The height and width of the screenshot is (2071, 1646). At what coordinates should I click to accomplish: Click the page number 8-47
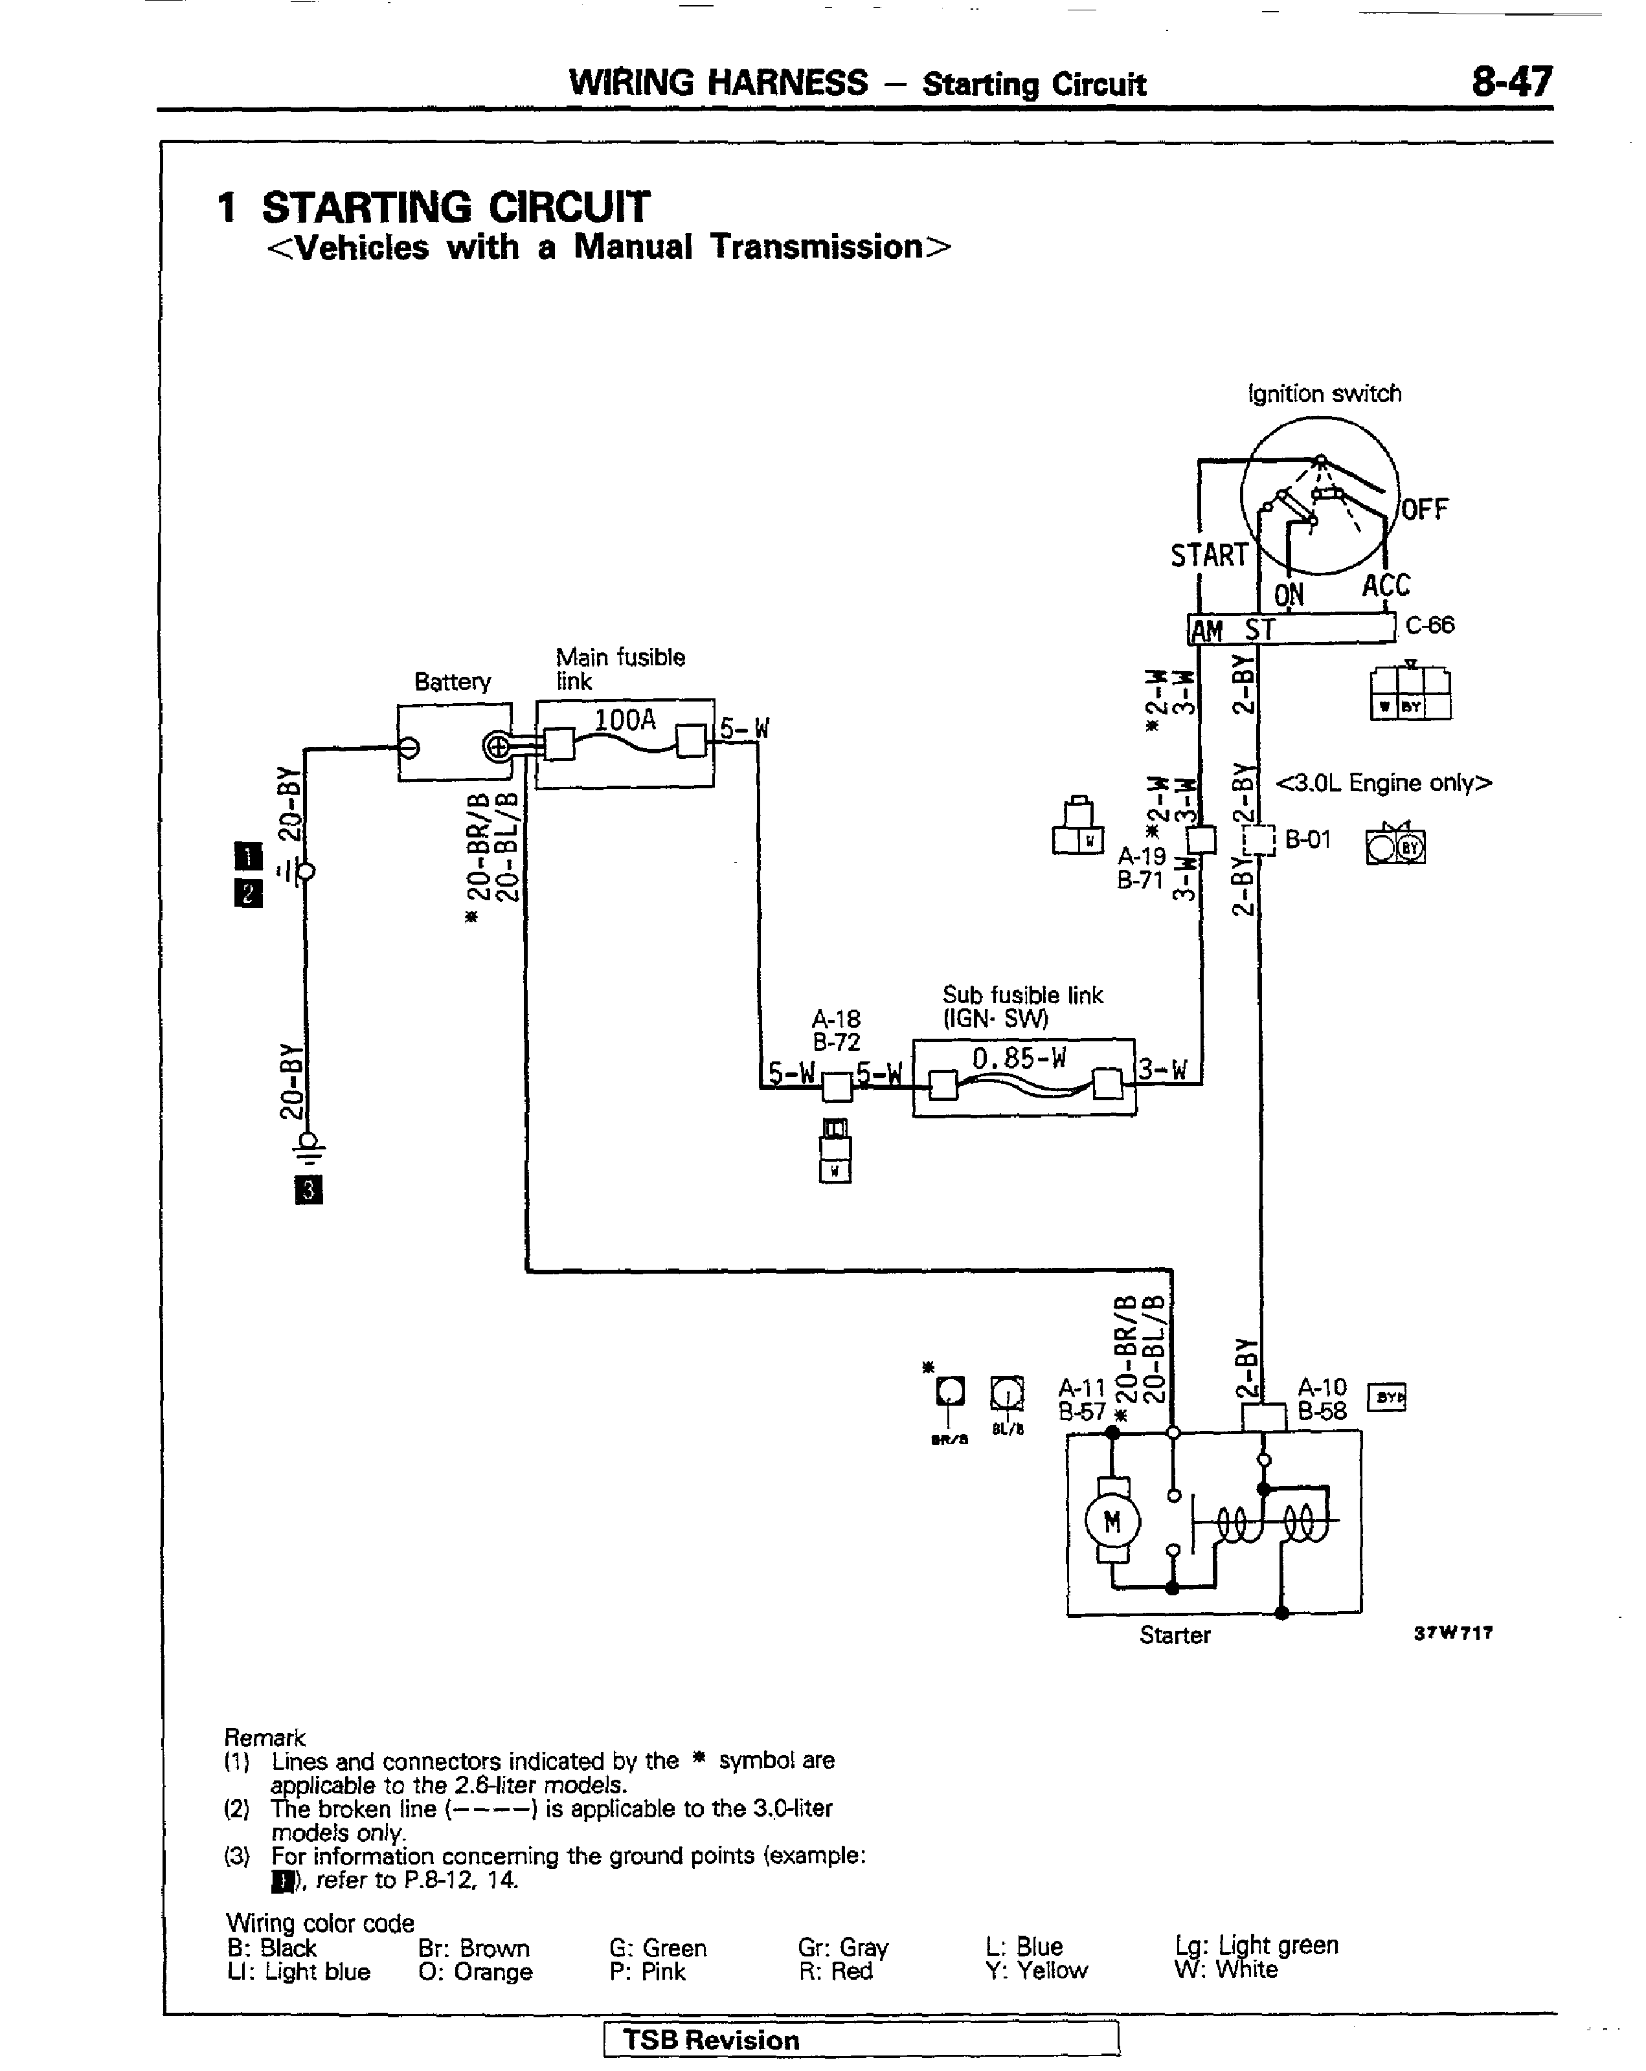1511,83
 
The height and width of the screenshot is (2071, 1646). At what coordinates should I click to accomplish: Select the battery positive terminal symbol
498,746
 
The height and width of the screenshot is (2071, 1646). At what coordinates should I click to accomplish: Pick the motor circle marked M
1112,1522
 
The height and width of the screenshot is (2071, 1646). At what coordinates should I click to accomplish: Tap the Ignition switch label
1324,394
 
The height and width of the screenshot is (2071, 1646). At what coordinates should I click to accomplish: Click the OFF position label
1424,509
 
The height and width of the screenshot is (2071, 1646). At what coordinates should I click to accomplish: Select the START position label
1208,555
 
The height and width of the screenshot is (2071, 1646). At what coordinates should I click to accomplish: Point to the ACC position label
1386,586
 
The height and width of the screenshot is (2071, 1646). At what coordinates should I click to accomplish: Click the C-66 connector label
1430,625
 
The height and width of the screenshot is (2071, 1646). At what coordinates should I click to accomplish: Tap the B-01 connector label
1308,839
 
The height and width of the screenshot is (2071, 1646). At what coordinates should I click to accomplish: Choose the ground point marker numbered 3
308,1191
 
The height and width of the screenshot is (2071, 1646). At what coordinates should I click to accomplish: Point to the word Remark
264,1738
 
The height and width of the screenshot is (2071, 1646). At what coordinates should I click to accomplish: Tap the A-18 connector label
836,1018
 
